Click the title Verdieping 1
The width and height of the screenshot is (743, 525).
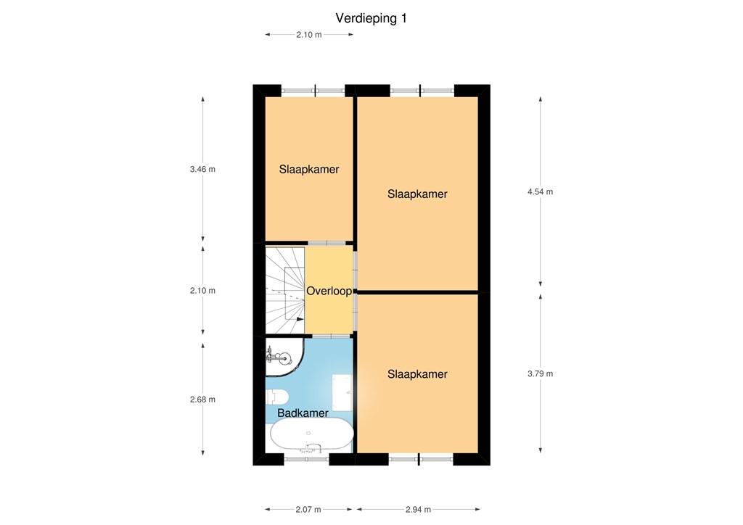pos(371,18)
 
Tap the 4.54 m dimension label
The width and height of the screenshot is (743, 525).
pos(540,191)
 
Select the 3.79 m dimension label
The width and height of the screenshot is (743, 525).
pos(540,373)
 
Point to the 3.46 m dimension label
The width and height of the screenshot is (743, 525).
pos(203,169)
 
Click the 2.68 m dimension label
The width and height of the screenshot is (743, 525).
pos(203,400)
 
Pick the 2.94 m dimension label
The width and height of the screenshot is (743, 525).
pos(419,509)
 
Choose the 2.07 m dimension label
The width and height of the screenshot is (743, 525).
pos(308,509)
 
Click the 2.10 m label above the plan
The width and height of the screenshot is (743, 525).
pos(309,35)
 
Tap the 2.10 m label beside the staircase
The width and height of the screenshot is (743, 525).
pos(203,291)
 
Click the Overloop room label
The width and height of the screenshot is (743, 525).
pos(329,291)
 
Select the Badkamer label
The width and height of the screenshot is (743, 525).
pos(303,413)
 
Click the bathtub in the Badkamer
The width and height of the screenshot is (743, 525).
pos(312,434)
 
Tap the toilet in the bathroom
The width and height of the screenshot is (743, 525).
pos(277,396)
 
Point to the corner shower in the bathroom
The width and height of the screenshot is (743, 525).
pos(284,357)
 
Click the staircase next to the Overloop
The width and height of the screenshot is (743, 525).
pos(284,290)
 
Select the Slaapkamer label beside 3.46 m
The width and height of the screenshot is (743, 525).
pos(309,170)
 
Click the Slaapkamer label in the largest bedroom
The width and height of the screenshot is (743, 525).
pos(417,194)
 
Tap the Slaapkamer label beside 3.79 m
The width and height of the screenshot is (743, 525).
pos(417,374)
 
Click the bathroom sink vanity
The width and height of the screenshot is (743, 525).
pos(342,392)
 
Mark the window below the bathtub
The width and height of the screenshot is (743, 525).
pos(307,459)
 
